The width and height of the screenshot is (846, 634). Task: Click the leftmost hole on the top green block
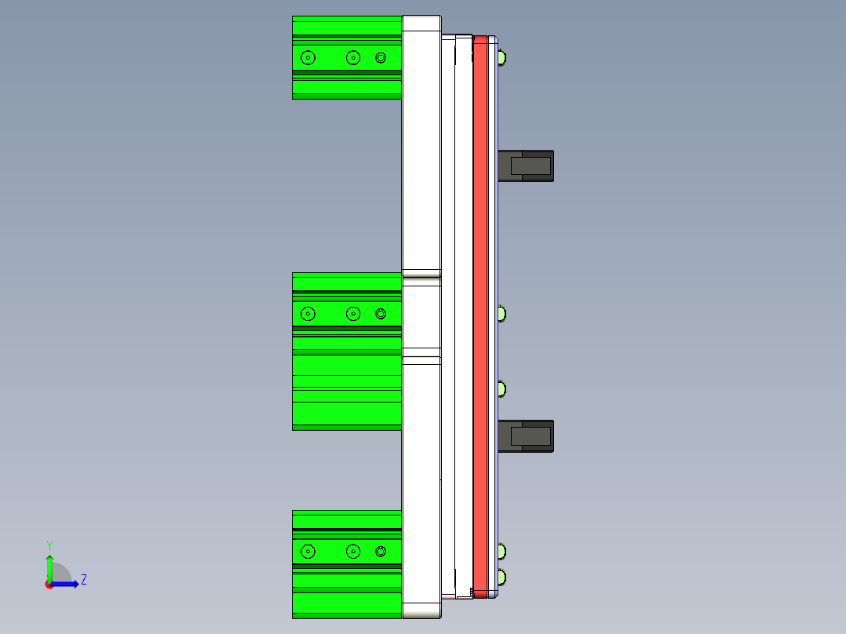tap(307, 57)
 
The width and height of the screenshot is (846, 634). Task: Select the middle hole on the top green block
tap(353, 57)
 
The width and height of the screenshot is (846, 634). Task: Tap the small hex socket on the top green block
tap(381, 57)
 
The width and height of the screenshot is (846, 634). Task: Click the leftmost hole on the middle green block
tap(308, 314)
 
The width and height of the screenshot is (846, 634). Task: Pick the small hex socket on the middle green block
tap(381, 314)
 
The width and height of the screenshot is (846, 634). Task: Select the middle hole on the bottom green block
tap(353, 552)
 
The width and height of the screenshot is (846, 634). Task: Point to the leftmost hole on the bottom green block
tap(308, 552)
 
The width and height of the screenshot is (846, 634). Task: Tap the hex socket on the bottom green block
tap(381, 552)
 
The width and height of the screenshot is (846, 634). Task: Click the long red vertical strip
tap(480, 314)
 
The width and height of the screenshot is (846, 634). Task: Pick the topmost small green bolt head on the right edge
tap(501, 57)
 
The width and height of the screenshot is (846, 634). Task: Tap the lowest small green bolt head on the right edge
tap(501, 578)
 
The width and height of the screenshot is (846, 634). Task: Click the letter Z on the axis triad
tap(83, 580)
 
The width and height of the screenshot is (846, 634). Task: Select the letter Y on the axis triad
tap(49, 545)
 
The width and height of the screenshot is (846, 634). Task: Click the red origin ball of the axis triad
tap(49, 585)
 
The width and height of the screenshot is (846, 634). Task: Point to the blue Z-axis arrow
tap(67, 584)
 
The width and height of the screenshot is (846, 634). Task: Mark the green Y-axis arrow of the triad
tap(49, 567)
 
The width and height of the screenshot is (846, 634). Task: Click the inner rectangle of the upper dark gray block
tap(531, 166)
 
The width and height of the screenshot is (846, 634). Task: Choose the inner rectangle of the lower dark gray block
tap(531, 436)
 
